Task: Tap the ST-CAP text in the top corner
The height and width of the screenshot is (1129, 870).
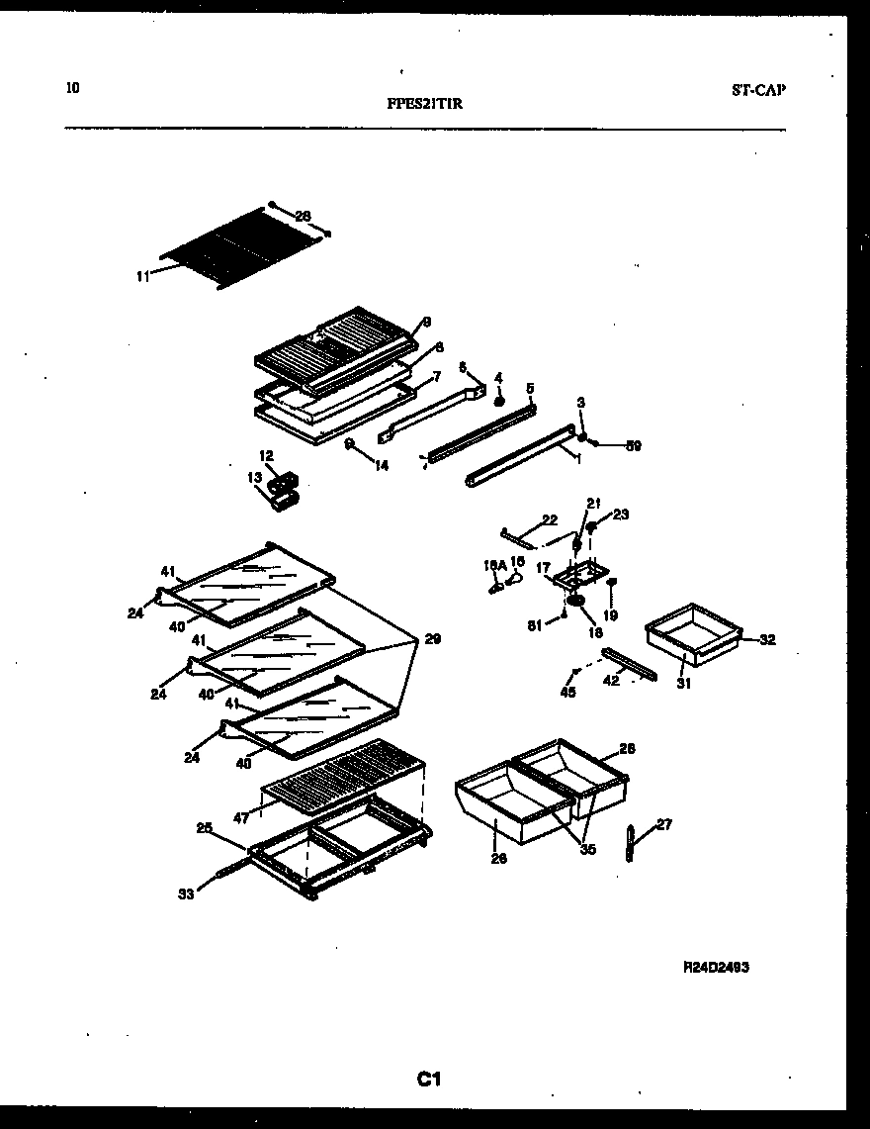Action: [x=758, y=90]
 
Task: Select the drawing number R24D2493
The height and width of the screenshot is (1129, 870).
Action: [x=715, y=968]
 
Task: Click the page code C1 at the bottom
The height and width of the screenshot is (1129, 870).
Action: [x=427, y=1080]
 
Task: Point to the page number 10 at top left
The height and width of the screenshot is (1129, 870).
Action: [x=72, y=88]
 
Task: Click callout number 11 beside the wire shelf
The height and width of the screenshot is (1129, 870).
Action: [x=142, y=278]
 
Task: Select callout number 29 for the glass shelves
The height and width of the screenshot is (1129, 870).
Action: [x=432, y=639]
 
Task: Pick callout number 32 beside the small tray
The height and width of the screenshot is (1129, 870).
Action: [x=767, y=640]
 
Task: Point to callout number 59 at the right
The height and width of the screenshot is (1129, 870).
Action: [x=633, y=446]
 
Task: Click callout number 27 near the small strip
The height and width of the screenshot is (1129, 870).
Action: [x=663, y=824]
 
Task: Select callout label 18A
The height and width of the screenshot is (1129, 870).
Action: [x=492, y=565]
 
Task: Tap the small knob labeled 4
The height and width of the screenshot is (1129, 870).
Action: [x=499, y=402]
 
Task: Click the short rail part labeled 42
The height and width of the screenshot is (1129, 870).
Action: [x=630, y=664]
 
